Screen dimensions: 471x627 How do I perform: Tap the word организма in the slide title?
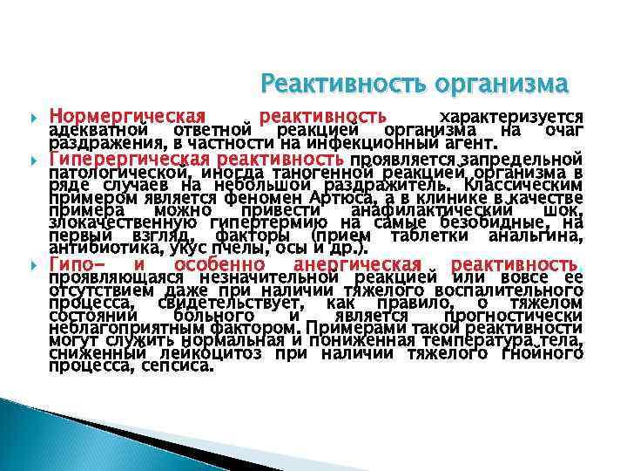505,85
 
